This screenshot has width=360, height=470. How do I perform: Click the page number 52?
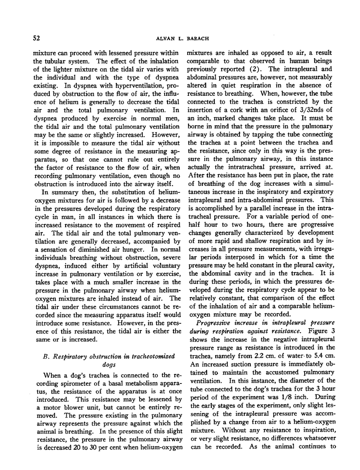(36, 38)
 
